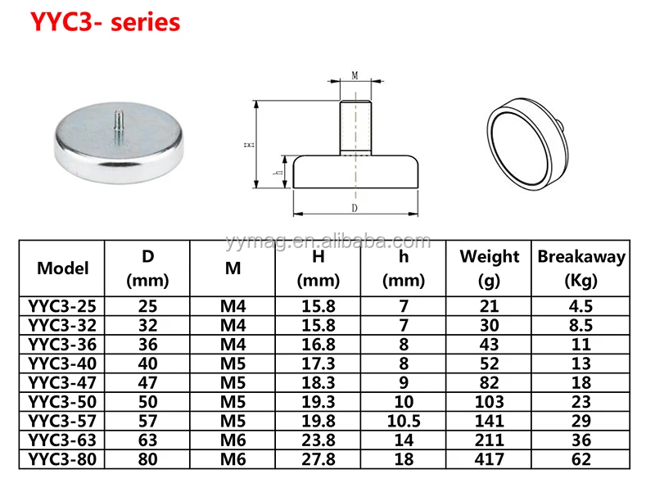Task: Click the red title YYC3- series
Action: [x=105, y=22]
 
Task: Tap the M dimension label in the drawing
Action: [x=355, y=75]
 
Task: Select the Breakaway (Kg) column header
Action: [x=581, y=269]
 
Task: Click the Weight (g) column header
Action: [x=490, y=269]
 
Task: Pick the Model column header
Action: [x=63, y=269]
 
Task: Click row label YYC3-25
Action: [x=63, y=306]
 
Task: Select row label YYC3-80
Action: [x=63, y=460]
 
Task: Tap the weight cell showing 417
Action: [x=490, y=460]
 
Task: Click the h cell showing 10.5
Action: [x=404, y=422]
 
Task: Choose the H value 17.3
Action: [x=318, y=364]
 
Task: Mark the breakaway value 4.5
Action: [x=581, y=306]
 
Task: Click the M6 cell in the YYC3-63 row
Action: [x=233, y=441]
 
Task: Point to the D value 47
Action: [x=148, y=383]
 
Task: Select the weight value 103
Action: [x=490, y=403]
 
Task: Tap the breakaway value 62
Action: [x=581, y=460]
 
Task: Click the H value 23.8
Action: [x=318, y=441]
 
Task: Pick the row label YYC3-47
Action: [x=63, y=383]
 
